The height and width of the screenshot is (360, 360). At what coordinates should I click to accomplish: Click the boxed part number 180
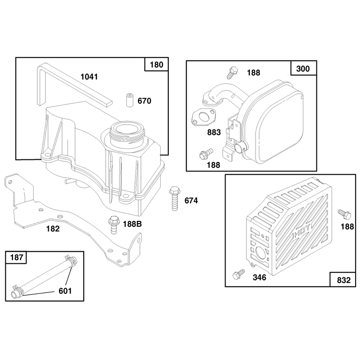(157, 64)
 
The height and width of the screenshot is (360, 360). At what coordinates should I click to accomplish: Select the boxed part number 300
(303, 68)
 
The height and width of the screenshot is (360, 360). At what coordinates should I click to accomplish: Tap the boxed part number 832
(344, 280)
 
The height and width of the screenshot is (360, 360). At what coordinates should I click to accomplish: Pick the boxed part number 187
(17, 257)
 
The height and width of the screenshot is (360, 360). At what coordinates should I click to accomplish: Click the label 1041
(89, 76)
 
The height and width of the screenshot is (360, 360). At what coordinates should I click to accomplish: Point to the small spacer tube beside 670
(130, 100)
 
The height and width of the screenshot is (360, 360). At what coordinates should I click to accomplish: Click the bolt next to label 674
(175, 198)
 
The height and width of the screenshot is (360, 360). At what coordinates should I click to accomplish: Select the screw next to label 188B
(114, 225)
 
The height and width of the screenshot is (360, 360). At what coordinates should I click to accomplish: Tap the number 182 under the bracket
(53, 229)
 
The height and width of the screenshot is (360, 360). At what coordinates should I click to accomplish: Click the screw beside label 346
(238, 274)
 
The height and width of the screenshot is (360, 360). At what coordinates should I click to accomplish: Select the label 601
(65, 291)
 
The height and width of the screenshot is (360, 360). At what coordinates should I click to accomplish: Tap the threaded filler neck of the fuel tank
(127, 134)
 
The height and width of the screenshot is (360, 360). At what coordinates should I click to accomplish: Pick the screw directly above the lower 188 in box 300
(206, 154)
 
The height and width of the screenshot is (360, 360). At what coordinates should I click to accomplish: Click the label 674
(191, 201)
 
